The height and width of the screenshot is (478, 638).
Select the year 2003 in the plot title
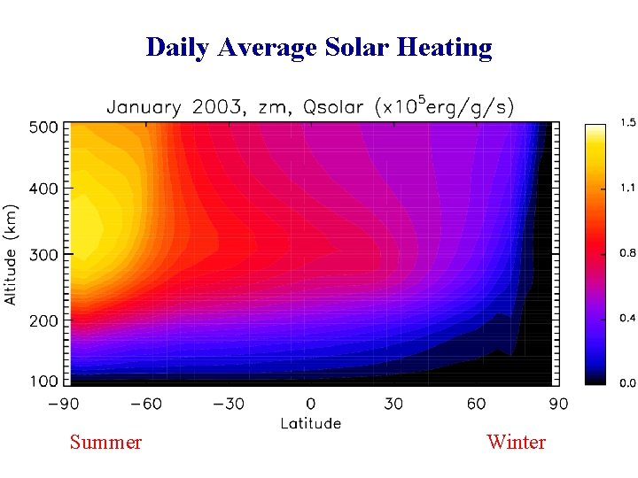(214, 108)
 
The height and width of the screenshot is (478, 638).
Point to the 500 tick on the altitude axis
(44, 127)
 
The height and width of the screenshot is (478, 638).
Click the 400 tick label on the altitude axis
(44, 189)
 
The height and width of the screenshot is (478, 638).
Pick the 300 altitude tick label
(44, 255)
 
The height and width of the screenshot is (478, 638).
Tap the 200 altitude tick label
(44, 321)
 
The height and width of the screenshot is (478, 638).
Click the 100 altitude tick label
(44, 382)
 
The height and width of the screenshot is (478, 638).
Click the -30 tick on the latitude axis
(229, 405)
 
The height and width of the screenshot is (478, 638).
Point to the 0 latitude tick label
(311, 405)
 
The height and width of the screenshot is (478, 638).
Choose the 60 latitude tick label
(477, 405)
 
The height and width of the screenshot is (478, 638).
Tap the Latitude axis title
(311, 423)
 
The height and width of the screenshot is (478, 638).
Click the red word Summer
(105, 442)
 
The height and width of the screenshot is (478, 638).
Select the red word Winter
(517, 442)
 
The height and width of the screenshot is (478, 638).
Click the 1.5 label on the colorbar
(627, 122)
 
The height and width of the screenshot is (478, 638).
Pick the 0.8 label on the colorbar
(627, 253)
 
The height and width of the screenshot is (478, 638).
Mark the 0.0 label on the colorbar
(627, 382)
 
